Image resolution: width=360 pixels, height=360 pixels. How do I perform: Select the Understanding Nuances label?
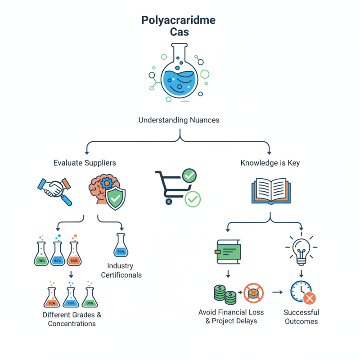180,120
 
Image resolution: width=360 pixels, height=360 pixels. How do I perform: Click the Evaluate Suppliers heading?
85,162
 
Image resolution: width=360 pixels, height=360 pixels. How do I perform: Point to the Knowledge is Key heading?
270,162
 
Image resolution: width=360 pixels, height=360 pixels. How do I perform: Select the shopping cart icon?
173,187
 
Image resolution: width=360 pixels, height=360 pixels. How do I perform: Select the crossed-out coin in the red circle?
253,293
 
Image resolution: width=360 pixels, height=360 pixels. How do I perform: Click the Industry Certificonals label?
121,270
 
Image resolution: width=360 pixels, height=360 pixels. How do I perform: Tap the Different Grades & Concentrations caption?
72,319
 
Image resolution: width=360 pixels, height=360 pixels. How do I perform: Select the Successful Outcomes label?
301,317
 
